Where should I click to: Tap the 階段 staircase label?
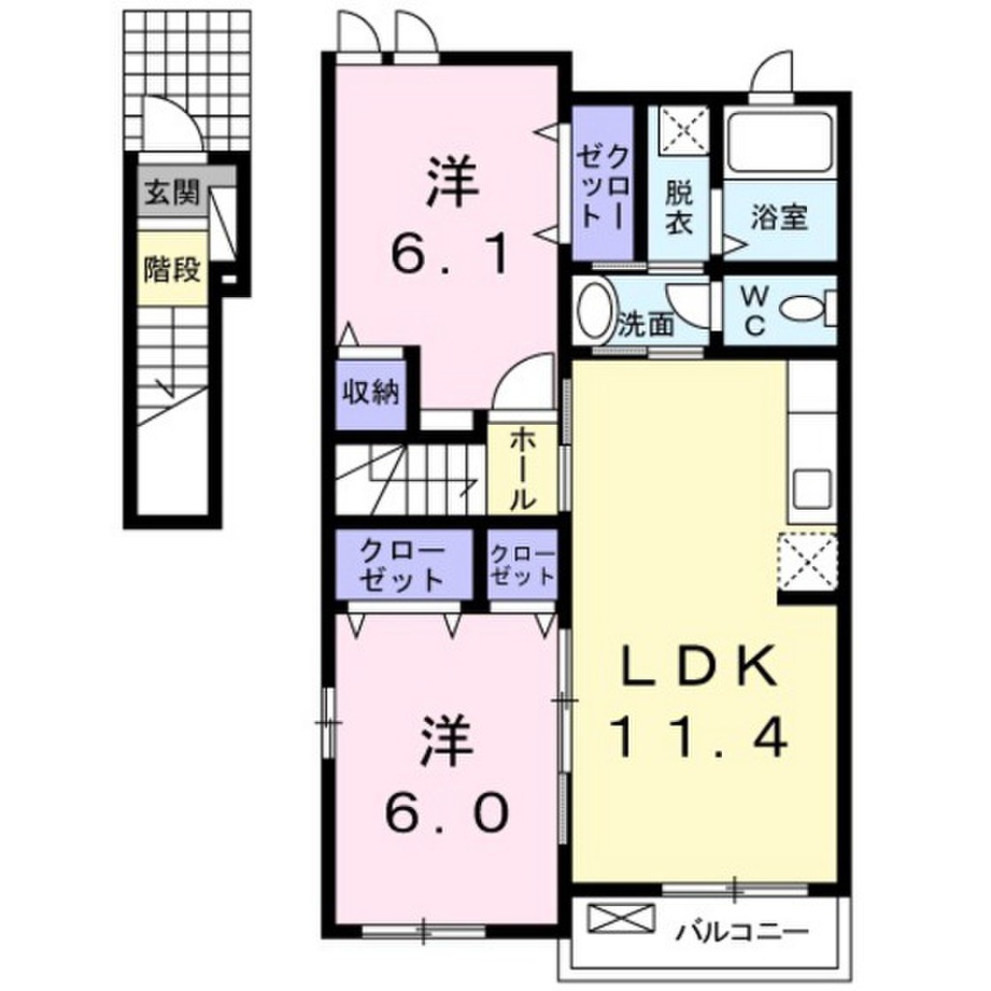click(171, 269)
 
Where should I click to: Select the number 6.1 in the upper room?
click(448, 255)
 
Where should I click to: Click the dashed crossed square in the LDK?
click(808, 561)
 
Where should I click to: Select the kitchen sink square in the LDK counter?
click(810, 489)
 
